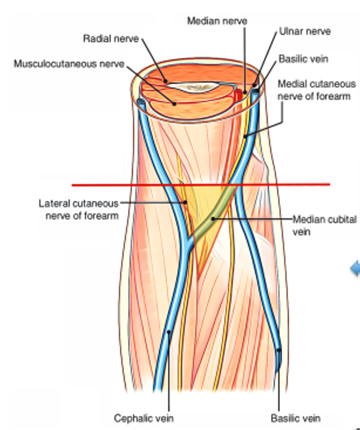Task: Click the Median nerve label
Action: pos(217,21)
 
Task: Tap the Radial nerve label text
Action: pos(111,38)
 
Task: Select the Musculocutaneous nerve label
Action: pos(68,63)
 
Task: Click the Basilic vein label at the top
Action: pos(303,59)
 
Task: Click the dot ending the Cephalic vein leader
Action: pos(169,333)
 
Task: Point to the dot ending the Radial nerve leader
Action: pos(165,81)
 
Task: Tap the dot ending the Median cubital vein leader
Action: pos(212,219)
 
